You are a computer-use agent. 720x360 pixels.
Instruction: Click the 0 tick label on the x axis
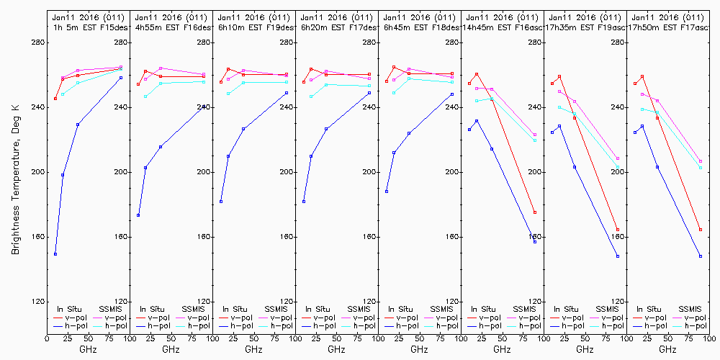tap(47, 337)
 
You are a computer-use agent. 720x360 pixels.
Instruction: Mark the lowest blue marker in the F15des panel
tap(55, 254)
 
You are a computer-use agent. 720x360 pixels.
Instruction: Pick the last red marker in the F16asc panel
tap(535, 212)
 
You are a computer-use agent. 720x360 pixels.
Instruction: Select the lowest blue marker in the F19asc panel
tap(618, 256)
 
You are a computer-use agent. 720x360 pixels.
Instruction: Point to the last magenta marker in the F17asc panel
tap(701, 161)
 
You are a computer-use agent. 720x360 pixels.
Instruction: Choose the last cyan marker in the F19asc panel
tap(618, 167)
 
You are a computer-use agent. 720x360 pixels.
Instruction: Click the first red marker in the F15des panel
tap(55, 99)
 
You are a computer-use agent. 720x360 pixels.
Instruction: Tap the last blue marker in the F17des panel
tap(369, 93)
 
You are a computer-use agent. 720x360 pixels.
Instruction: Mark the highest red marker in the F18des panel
tap(394, 67)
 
